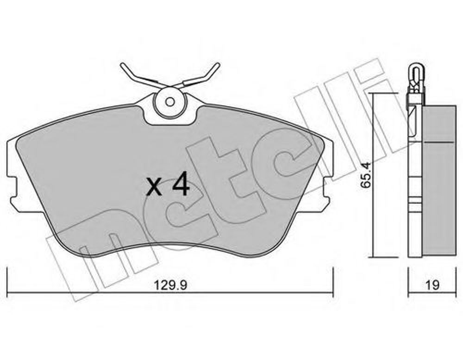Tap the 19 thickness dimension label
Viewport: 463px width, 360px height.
[x=432, y=285]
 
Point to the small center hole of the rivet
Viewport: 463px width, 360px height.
[x=170, y=102]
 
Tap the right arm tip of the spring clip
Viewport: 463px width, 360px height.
[x=218, y=65]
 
